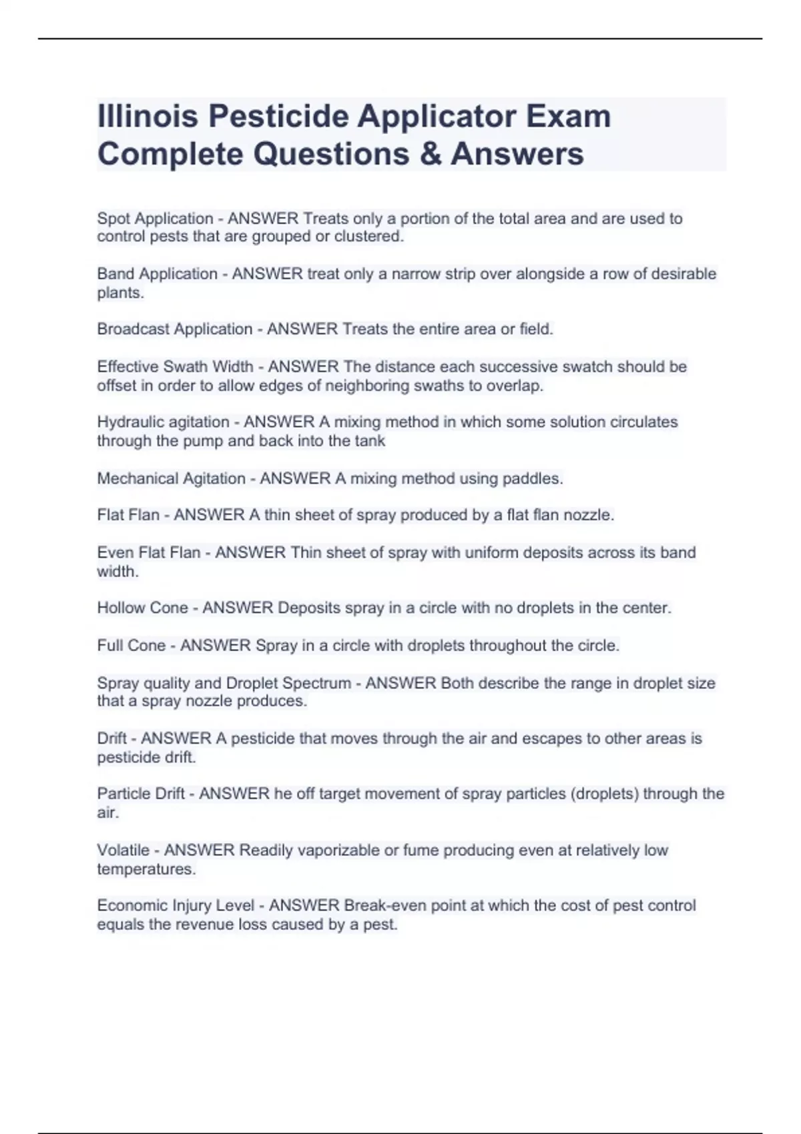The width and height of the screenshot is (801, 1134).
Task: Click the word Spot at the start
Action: coord(113,219)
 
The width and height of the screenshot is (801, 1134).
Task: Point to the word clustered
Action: coord(372,237)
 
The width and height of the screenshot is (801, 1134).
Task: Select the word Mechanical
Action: coord(138,478)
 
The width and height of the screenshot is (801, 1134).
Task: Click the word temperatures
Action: coord(146,869)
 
